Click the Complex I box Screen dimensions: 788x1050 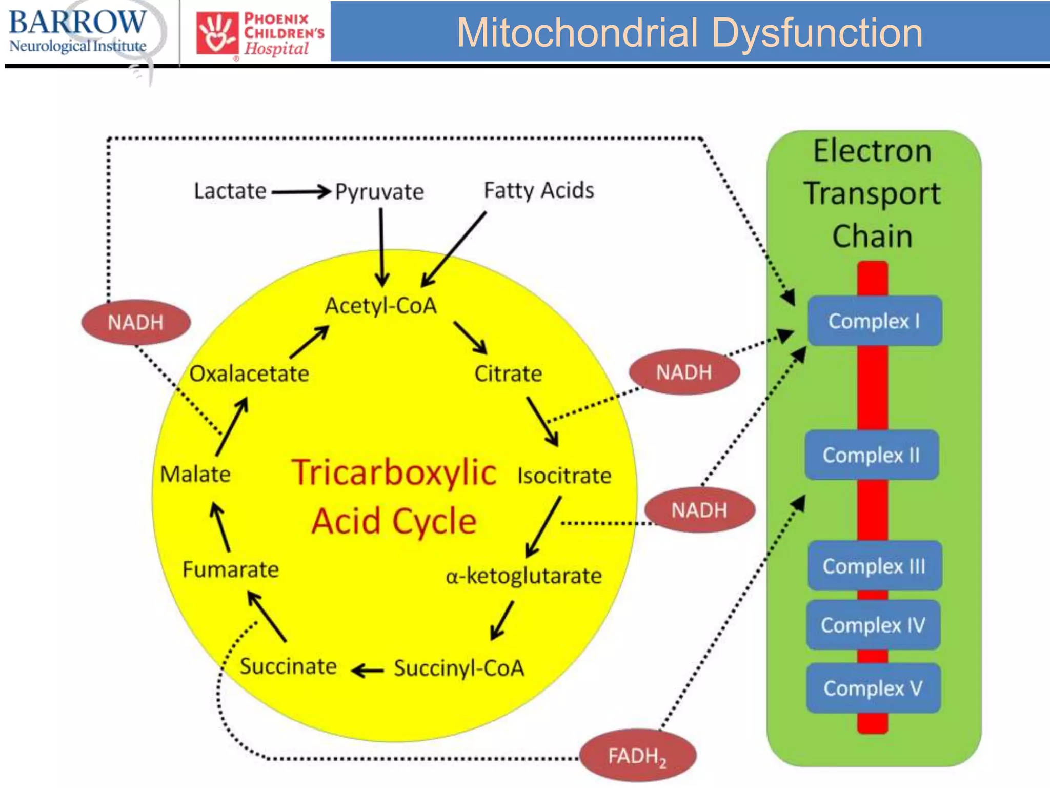(875, 321)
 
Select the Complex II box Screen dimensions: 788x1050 (872, 455)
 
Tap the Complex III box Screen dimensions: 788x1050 (875, 566)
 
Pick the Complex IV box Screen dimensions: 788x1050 (873, 625)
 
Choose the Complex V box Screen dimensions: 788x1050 (873, 688)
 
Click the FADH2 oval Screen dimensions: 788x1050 (638, 756)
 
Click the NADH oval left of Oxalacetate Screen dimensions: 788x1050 (136, 322)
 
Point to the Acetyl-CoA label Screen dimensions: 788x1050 (381, 306)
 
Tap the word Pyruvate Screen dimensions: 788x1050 (379, 191)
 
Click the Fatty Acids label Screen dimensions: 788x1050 (539, 190)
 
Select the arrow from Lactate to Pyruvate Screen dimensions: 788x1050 (301, 192)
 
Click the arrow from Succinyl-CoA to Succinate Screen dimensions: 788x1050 (367, 670)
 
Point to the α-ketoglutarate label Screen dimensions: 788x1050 (523, 576)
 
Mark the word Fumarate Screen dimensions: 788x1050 (231, 569)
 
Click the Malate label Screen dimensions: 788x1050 (195, 474)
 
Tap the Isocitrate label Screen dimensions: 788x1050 (564, 476)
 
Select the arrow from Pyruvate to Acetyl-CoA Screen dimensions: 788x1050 (381, 247)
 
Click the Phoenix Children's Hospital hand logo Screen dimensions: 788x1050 (217, 33)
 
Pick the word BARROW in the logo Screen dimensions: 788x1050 (78, 23)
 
